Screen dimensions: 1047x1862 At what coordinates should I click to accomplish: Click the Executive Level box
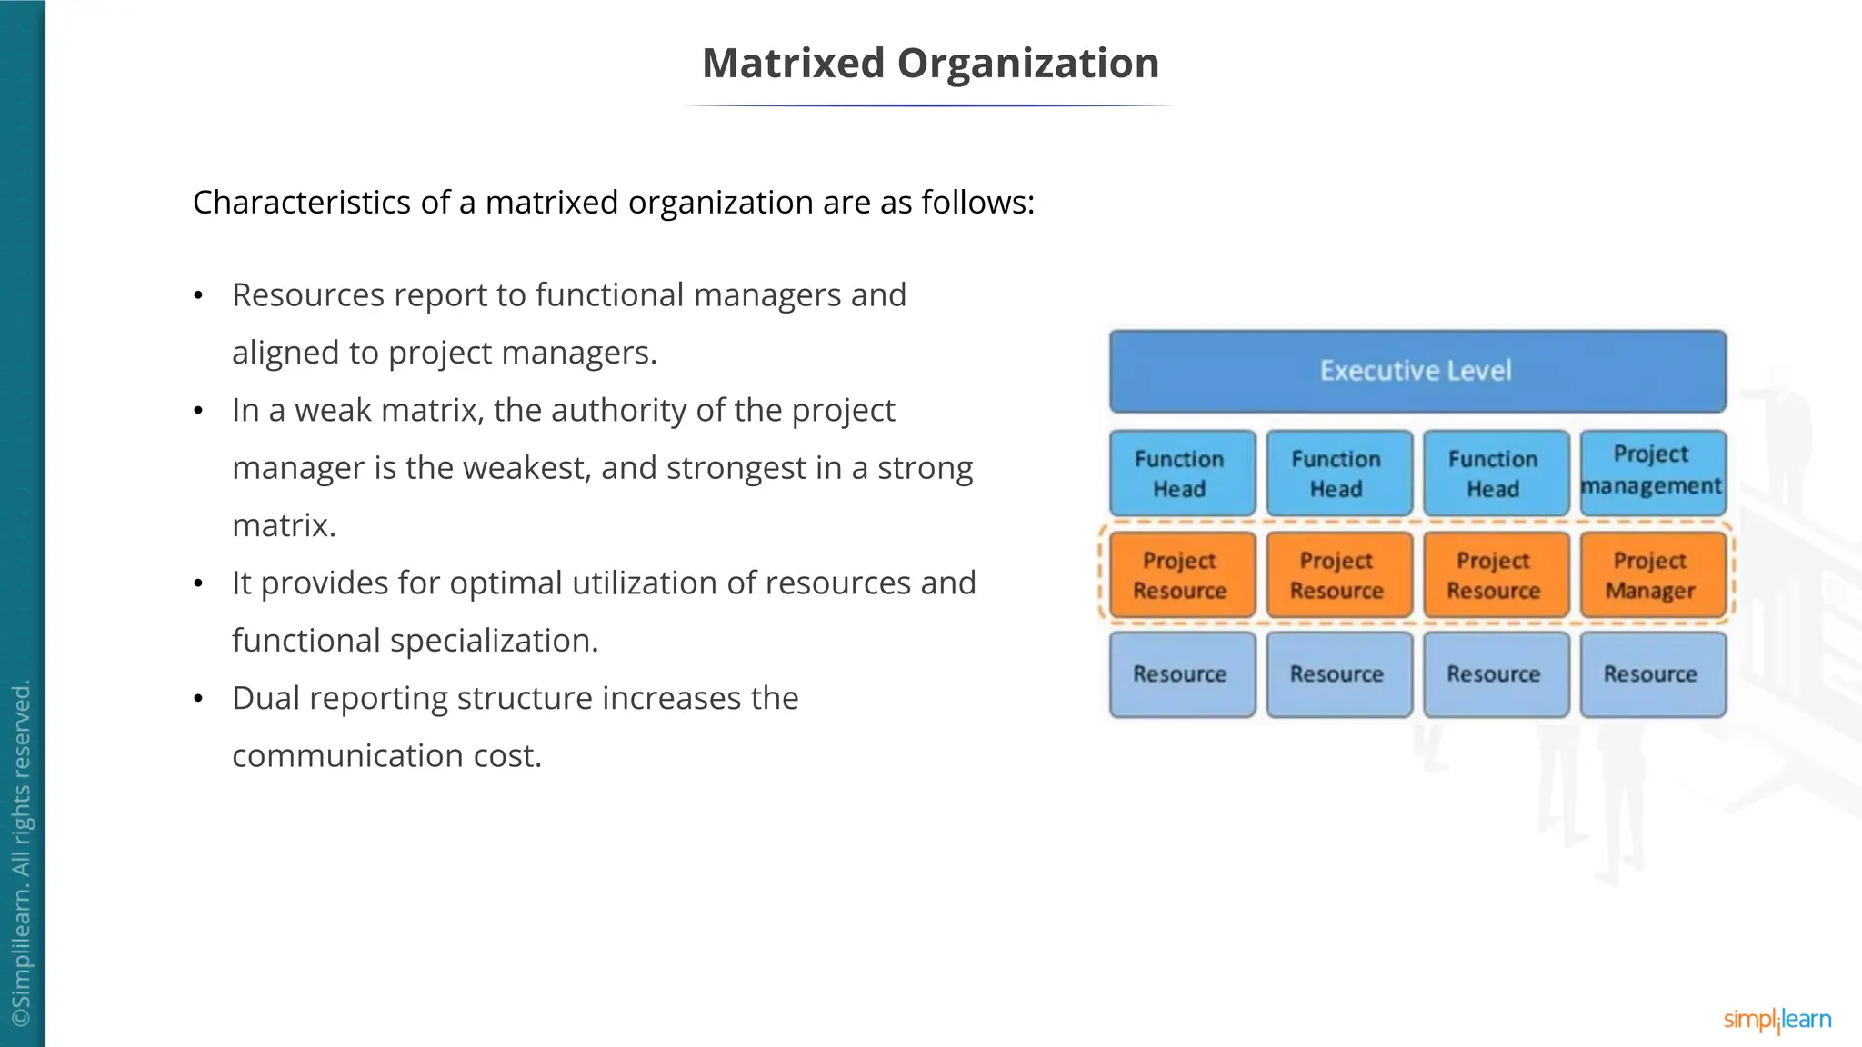click(1417, 371)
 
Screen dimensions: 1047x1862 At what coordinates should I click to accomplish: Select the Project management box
click(1651, 471)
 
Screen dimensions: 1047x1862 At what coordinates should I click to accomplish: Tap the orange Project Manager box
click(1651, 575)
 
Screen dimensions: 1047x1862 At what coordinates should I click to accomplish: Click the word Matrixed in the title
click(793, 64)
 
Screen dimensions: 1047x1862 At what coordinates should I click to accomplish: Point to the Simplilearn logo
click(1777, 1020)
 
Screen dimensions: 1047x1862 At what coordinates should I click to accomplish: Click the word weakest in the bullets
click(519, 468)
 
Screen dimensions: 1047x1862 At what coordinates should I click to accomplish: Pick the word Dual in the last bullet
click(266, 698)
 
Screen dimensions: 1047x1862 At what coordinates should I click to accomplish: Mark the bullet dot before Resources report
click(198, 296)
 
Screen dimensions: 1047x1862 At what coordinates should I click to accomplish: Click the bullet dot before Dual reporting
click(198, 699)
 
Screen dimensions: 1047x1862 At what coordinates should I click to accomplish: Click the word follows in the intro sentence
click(976, 203)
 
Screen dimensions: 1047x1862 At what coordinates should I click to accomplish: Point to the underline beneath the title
click(929, 106)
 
